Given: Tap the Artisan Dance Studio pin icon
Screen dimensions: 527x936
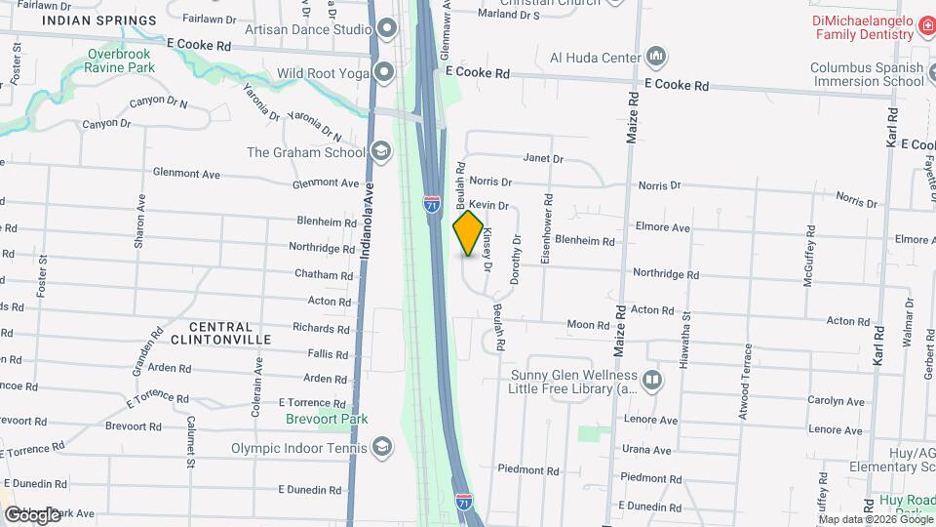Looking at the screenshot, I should [x=385, y=29].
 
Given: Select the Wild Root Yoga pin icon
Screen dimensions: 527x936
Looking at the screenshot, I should [x=385, y=71].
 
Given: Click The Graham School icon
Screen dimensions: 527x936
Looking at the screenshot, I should [x=380, y=151].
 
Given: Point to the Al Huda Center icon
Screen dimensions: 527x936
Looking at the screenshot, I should [x=658, y=57].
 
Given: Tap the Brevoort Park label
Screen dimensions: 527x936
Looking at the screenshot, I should [x=327, y=419].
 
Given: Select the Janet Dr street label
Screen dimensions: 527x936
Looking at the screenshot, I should [x=544, y=158].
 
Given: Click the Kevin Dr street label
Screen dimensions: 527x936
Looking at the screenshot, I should [x=489, y=206].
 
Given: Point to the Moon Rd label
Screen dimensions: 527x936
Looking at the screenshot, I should [x=588, y=324].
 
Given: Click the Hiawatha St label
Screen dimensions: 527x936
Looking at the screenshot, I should [x=686, y=338].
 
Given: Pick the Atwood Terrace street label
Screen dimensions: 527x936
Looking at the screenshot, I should [x=748, y=382].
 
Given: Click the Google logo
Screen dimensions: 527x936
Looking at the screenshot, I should [x=32, y=514].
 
